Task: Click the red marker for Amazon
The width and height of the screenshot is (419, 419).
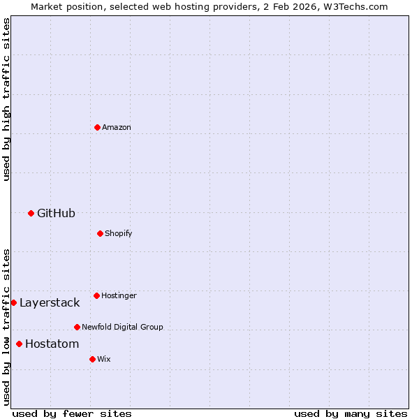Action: [97, 127]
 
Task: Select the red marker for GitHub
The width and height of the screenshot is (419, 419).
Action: [31, 213]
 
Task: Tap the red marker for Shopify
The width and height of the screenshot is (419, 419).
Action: [100, 233]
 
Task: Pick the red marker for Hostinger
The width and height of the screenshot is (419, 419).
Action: [96, 295]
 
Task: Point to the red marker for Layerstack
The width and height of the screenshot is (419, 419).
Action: [13, 302]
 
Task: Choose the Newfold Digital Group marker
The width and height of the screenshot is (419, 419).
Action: [77, 327]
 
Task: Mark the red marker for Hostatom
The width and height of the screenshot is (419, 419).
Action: [19, 344]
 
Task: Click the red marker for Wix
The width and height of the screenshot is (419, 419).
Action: [92, 359]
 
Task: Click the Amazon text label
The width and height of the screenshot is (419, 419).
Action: [117, 127]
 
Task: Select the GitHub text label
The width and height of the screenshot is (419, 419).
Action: [56, 213]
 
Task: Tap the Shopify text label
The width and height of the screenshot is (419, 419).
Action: [119, 233]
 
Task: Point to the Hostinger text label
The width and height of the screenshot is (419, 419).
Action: [119, 295]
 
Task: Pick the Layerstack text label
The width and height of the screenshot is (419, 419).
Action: [50, 302]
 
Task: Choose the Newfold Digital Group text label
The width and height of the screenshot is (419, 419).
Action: [122, 327]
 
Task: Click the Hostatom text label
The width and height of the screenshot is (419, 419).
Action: [52, 344]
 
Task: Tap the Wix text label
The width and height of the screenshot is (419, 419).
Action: [104, 359]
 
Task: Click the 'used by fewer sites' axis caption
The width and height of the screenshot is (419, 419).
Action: [72, 413]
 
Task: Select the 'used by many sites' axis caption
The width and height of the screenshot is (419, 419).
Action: [351, 413]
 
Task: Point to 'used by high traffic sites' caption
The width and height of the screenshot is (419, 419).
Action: [6, 99]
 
